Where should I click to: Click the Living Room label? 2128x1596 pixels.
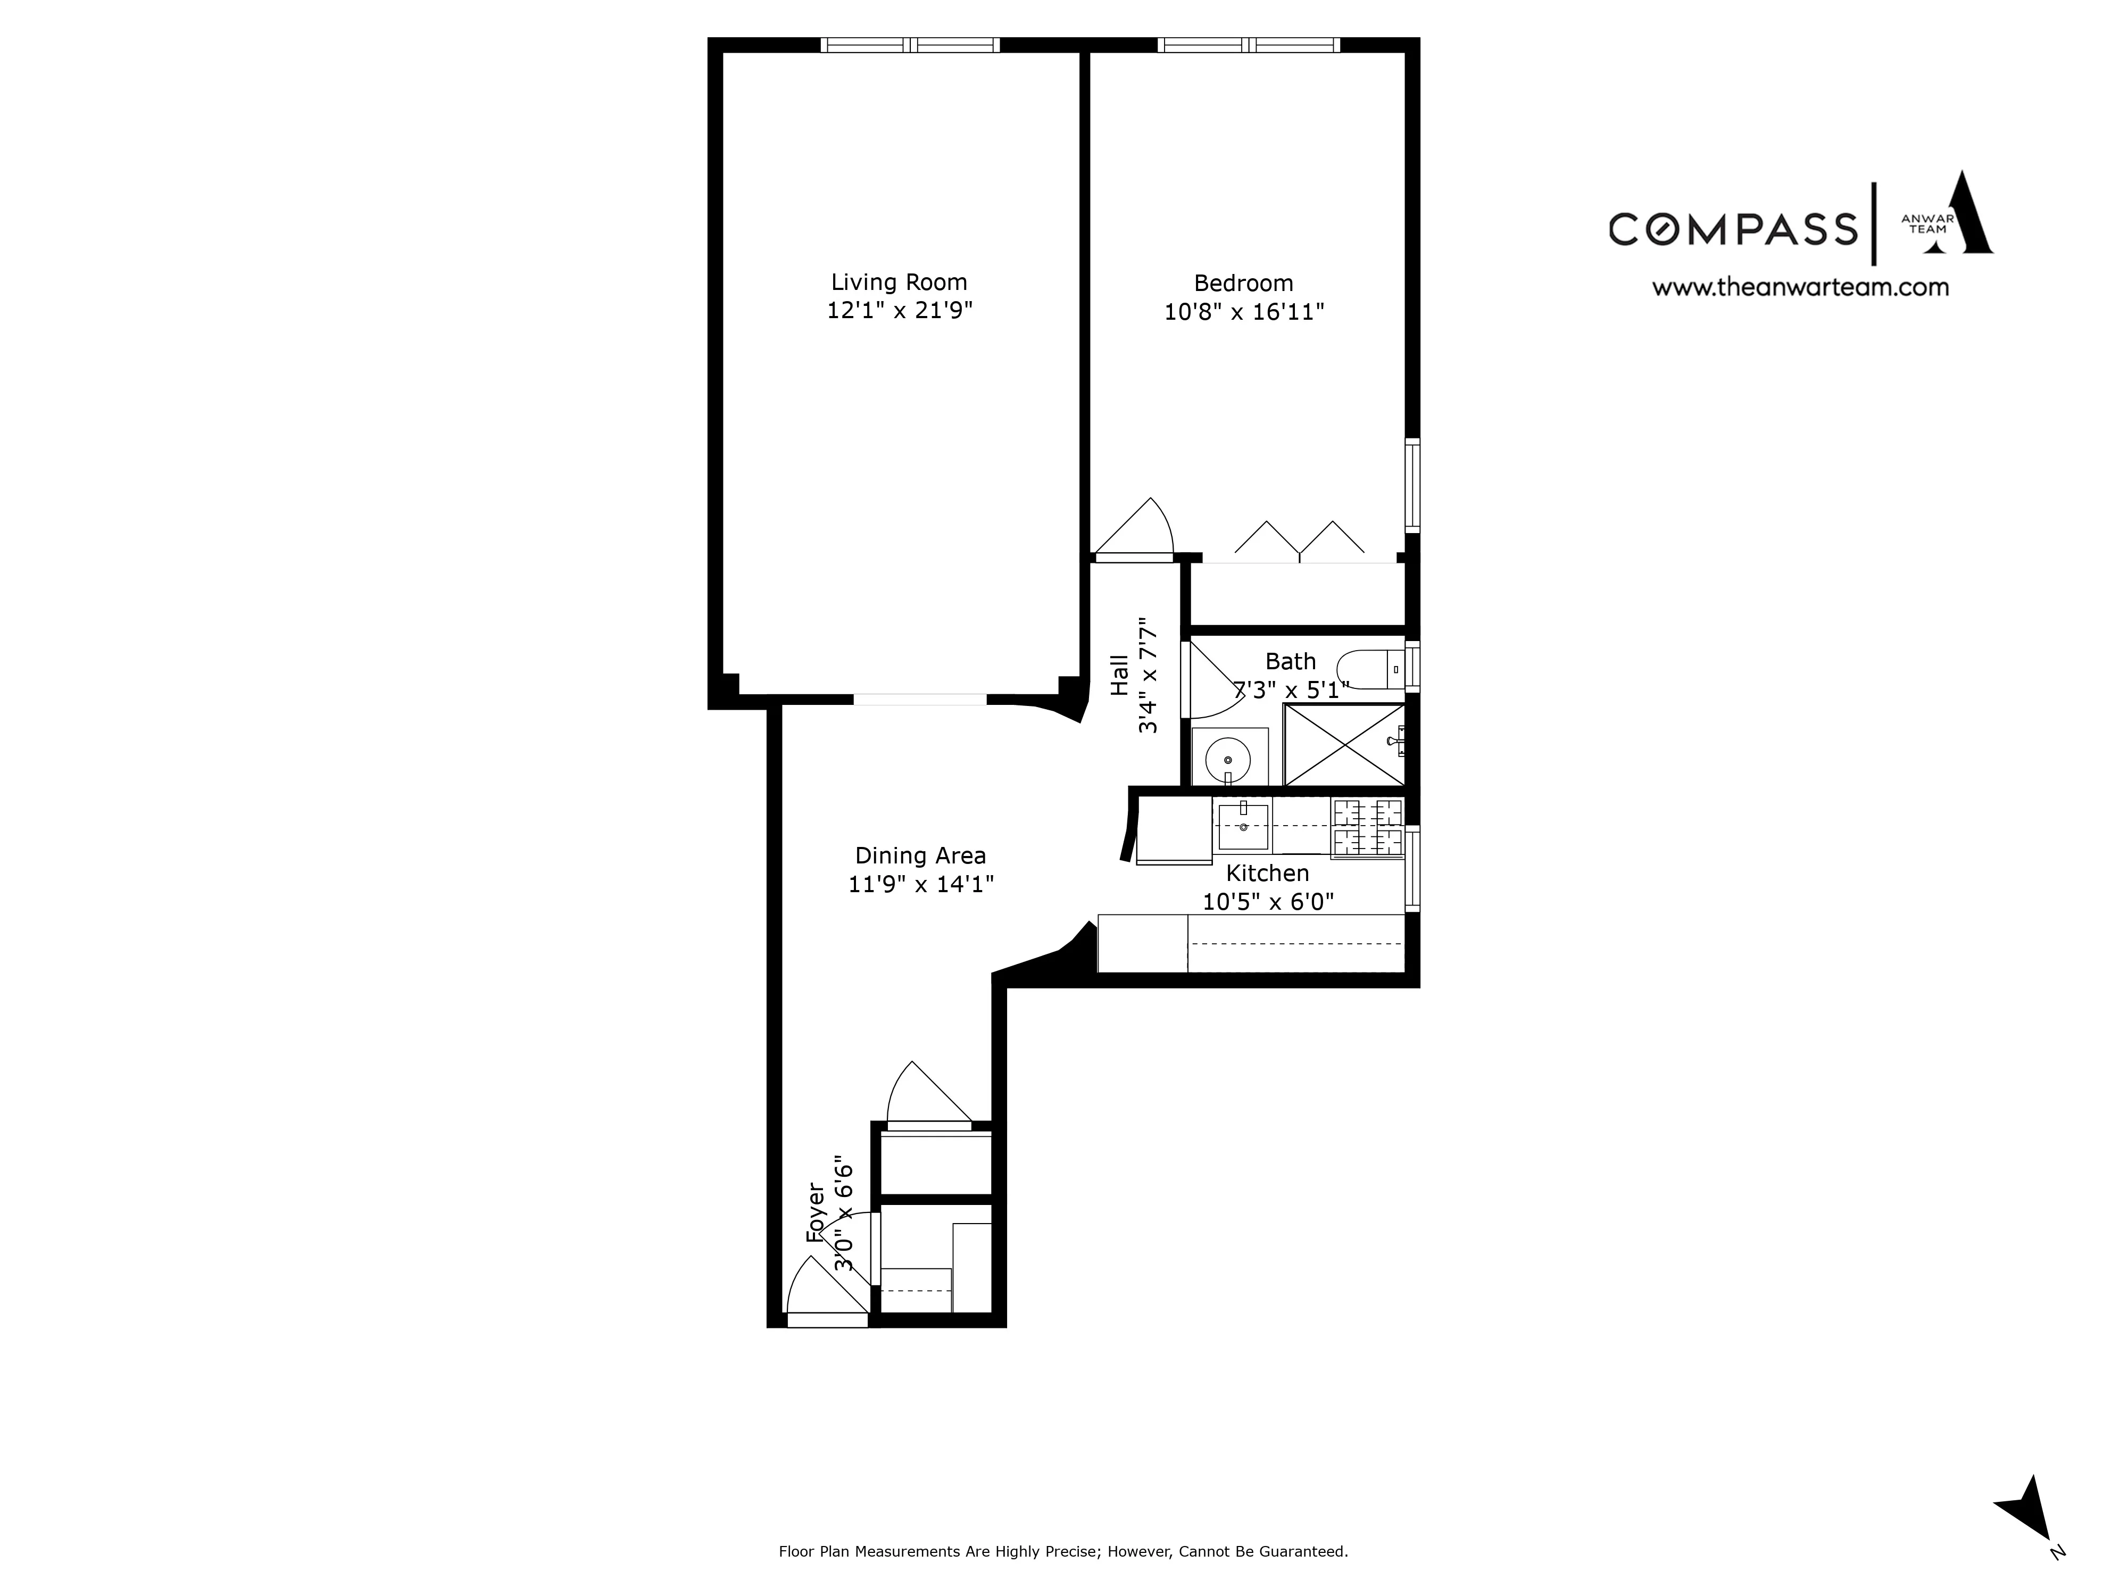[x=899, y=282]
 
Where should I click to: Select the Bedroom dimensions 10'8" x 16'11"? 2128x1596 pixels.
[x=1244, y=312]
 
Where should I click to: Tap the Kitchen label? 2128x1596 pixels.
[x=1267, y=872]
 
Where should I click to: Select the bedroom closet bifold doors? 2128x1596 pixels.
[x=1299, y=541]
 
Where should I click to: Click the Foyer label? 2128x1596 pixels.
[x=816, y=1214]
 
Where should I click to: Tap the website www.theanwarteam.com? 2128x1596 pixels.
[x=1800, y=287]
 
